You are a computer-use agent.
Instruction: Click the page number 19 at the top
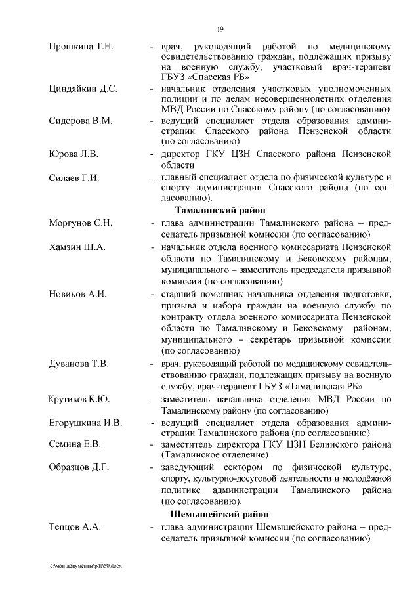pos(220,28)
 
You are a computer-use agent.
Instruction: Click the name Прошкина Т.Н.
pos(81,46)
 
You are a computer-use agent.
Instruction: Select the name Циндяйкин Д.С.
pos(83,89)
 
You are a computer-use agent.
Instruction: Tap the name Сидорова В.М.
pos(81,121)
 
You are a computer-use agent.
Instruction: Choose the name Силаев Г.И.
pos(74,177)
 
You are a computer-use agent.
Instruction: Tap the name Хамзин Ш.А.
pos(77,246)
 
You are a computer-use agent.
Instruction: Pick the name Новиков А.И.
pos(77,293)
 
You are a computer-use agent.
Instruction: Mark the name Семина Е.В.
pos(75,444)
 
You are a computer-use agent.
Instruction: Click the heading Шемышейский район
pos(220,513)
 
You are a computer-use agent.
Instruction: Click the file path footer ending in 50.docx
pos(85,566)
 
